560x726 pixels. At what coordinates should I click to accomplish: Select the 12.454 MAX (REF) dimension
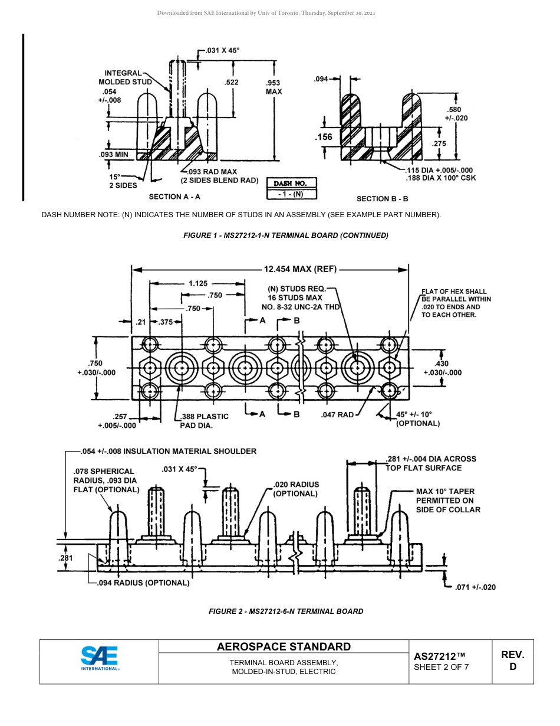pyautogui.click(x=300, y=269)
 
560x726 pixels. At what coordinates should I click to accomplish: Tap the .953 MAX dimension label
pyautogui.click(x=274, y=87)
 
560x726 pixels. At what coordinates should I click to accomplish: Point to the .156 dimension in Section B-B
pyautogui.click(x=324, y=137)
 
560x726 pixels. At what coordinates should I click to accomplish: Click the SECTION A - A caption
pyautogui.click(x=174, y=197)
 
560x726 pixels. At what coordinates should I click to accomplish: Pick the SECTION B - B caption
pyautogui.click(x=382, y=199)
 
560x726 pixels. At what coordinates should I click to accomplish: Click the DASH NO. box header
pyautogui.click(x=291, y=183)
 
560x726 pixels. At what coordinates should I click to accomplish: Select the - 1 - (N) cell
pyautogui.click(x=291, y=194)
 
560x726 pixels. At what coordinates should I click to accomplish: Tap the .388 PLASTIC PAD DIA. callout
pyautogui.click(x=204, y=420)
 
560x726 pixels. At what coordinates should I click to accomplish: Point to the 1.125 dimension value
pyautogui.click(x=198, y=283)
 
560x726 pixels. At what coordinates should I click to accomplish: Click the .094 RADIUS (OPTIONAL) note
pyautogui.click(x=143, y=583)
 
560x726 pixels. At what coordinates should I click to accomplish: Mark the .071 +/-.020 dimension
pyautogui.click(x=475, y=587)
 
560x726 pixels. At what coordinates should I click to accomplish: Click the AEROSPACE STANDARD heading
pyautogui.click(x=284, y=646)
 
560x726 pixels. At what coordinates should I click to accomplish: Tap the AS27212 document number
pyautogui.click(x=440, y=656)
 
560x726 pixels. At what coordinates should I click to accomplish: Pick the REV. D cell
pyautogui.click(x=512, y=660)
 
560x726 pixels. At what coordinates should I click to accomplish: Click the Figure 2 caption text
pyautogui.click(x=286, y=611)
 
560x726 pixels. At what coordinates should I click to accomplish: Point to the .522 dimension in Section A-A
pyautogui.click(x=232, y=82)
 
